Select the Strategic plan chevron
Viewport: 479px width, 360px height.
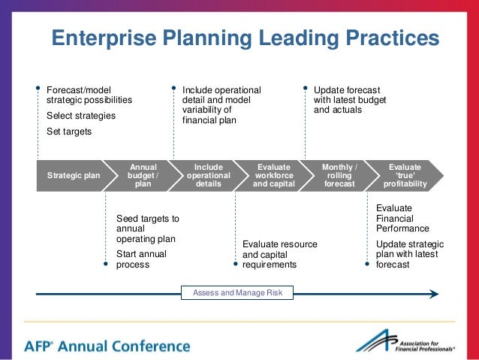tap(73, 176)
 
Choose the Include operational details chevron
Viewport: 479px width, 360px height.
tap(208, 176)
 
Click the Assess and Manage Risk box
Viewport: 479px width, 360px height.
tap(238, 292)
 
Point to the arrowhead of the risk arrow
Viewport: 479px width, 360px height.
tap(434, 293)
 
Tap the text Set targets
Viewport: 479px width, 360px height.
tap(69, 132)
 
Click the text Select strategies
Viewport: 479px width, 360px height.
tap(81, 116)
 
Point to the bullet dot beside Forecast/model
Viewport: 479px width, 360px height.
tap(38, 87)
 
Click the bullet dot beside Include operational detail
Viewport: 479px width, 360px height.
tap(174, 87)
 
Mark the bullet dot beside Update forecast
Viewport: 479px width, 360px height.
tap(306, 87)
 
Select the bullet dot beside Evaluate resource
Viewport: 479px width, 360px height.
tap(235, 264)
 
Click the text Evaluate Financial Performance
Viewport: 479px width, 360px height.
tap(402, 218)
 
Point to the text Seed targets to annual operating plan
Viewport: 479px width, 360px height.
tap(147, 228)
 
